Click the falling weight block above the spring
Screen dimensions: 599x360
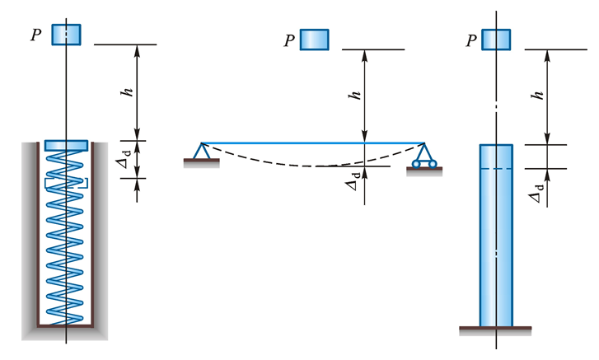click(66, 35)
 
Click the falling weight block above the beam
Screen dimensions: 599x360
click(314, 40)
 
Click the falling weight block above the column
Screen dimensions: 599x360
click(496, 40)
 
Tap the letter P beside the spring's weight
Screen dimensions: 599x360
click(36, 35)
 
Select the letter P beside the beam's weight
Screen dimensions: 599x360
click(289, 40)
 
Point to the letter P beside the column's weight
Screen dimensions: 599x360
click(472, 40)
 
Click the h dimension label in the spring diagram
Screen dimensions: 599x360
click(127, 92)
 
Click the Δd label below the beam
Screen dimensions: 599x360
click(353, 181)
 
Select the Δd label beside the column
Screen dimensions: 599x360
click(536, 193)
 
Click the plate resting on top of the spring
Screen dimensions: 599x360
click(66, 145)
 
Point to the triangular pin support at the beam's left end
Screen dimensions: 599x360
click(201, 151)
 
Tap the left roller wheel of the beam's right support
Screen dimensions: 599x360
click(416, 164)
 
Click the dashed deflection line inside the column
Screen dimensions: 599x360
click(496, 169)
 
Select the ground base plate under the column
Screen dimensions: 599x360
click(495, 330)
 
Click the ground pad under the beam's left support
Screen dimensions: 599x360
click(201, 163)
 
